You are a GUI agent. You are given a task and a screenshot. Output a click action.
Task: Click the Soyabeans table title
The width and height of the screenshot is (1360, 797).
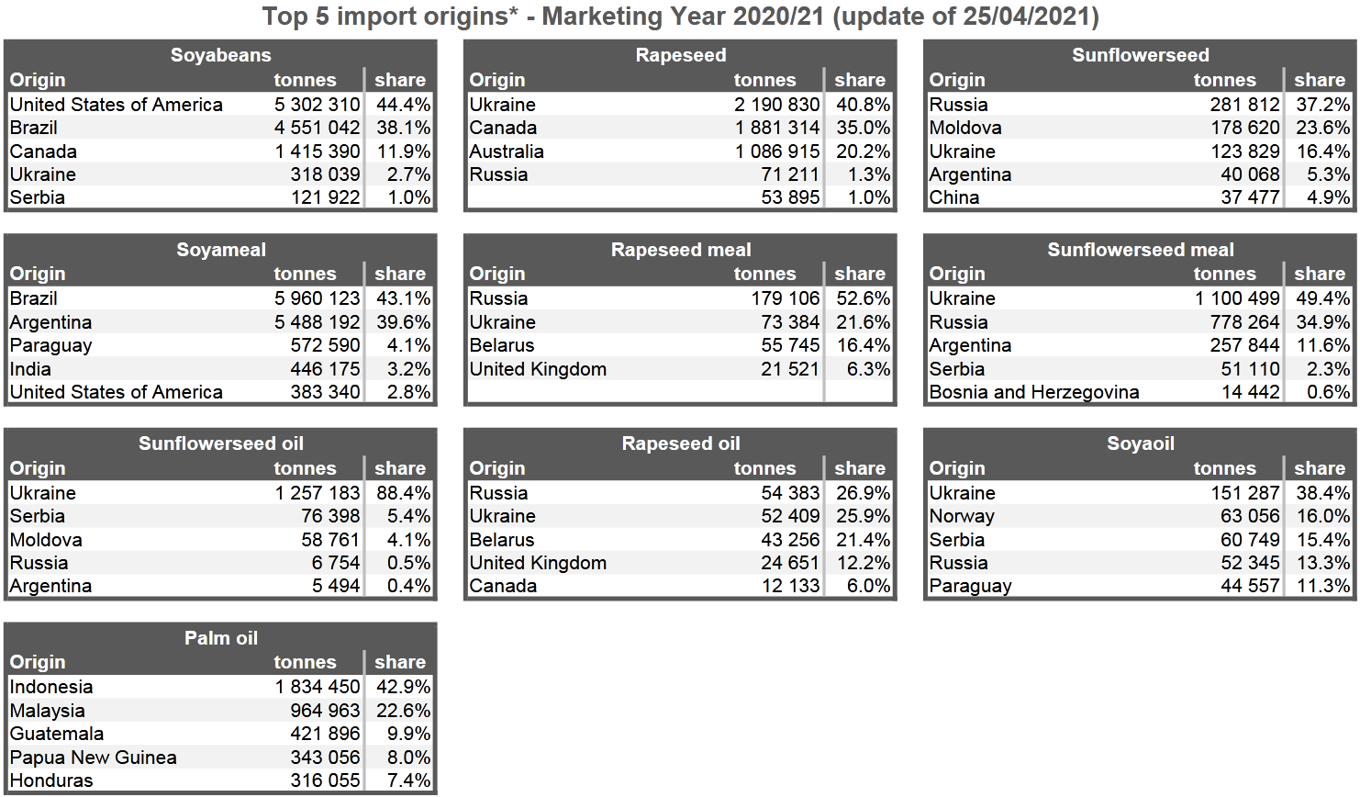[220, 55]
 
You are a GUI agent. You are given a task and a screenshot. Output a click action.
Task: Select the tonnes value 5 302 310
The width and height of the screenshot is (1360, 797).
[317, 105]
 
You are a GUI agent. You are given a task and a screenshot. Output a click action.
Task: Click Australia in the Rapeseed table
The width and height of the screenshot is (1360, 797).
[507, 152]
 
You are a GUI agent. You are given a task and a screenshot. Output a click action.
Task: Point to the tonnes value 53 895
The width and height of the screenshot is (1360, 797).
[790, 197]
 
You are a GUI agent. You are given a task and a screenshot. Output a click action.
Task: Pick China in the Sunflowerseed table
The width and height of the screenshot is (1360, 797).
[954, 197]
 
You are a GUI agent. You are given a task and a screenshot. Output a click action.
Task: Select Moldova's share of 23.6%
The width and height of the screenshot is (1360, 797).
[1322, 128]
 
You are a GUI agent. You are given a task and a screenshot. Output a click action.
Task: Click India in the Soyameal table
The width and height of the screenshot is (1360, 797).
[30, 369]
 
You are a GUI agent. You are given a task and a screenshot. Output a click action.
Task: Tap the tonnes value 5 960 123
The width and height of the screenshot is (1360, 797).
[317, 298]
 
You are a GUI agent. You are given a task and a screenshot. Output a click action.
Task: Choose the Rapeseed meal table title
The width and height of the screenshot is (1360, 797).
[681, 250]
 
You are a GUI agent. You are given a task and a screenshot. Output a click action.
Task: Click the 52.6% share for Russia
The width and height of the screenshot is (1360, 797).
[863, 298]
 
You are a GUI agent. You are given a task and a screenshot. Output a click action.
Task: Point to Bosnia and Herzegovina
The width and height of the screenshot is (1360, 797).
[1034, 392]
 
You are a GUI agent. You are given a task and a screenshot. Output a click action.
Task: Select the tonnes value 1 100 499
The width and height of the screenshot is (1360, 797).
[1237, 298]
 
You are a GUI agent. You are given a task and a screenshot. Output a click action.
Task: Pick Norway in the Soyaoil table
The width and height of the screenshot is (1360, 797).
[962, 516]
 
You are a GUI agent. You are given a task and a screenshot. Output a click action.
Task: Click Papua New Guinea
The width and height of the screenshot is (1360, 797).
[94, 758]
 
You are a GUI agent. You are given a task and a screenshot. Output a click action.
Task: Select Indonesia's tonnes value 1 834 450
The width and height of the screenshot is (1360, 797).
[317, 687]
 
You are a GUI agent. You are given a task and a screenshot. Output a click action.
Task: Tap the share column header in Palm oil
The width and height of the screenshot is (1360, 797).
[400, 662]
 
